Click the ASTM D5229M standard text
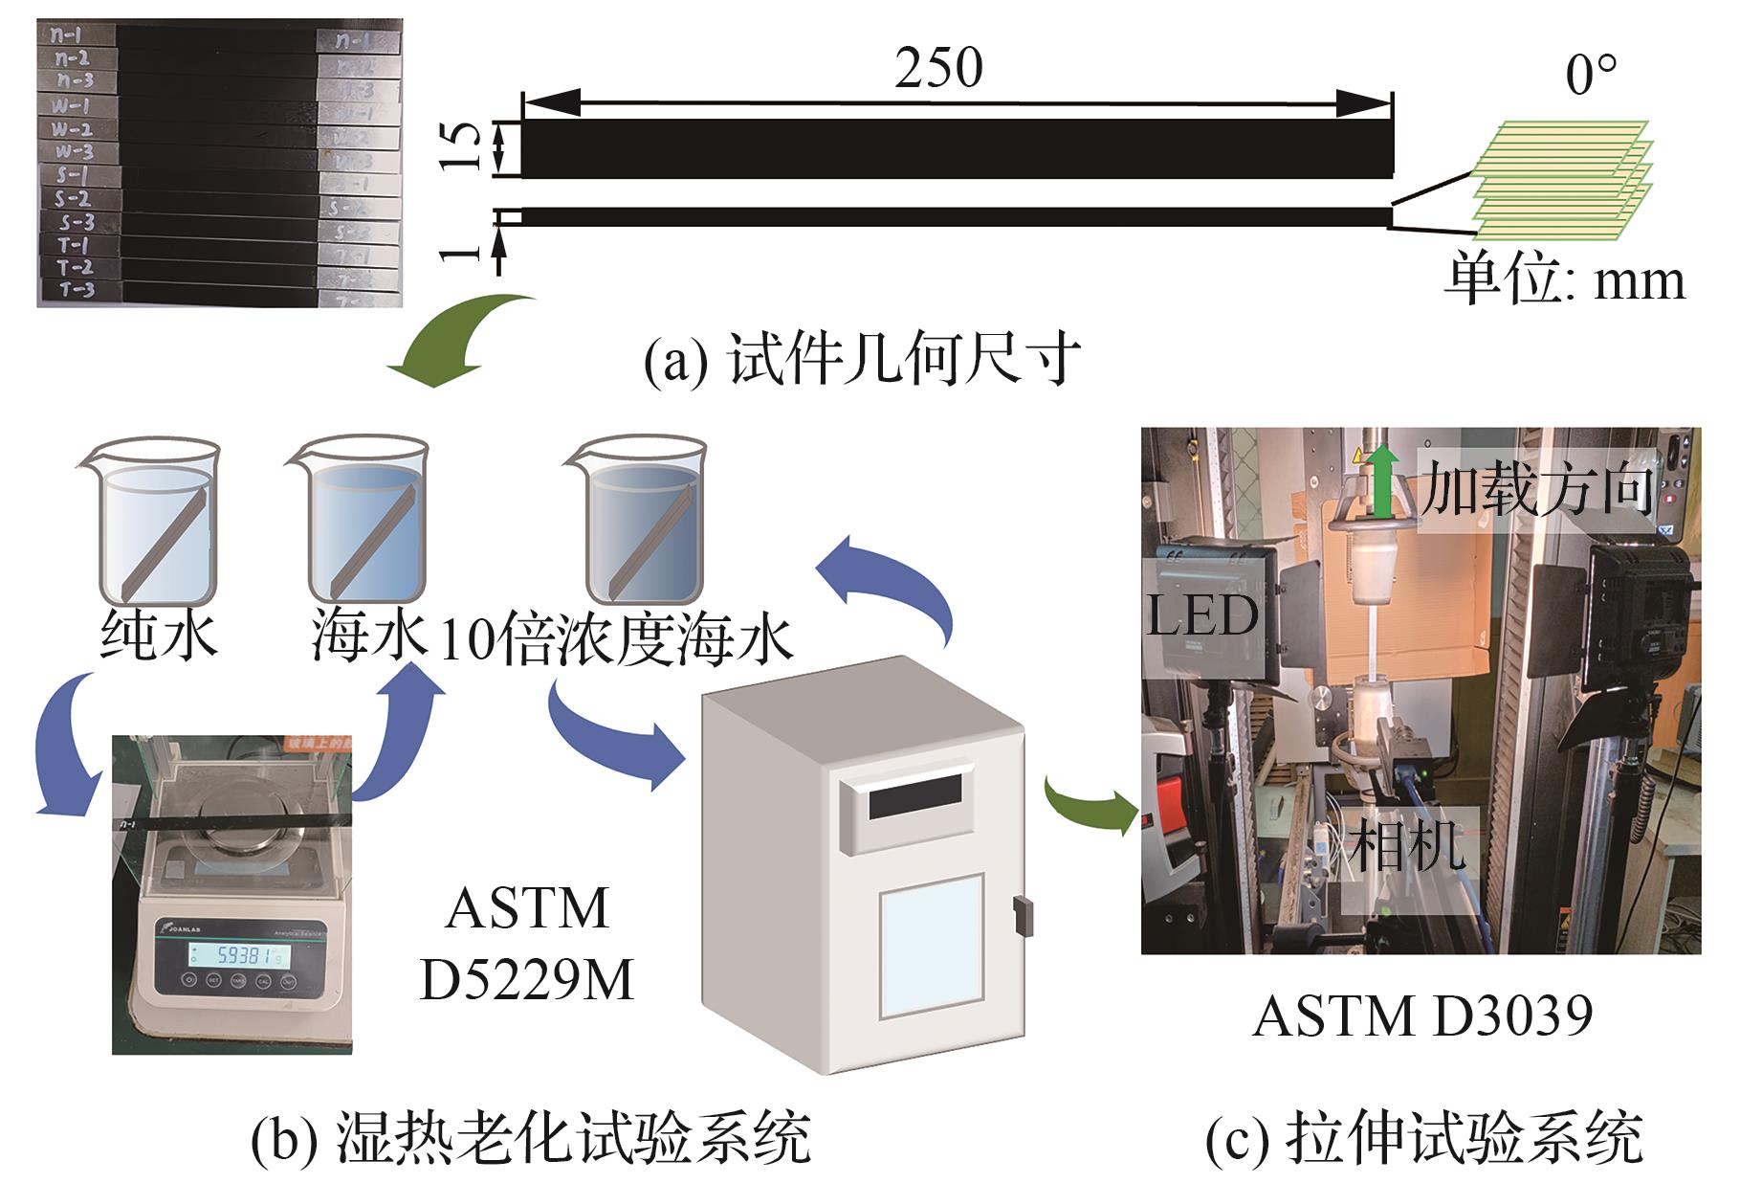(527, 944)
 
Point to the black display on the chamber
(915, 796)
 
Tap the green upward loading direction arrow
(1379, 483)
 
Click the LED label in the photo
(1202, 615)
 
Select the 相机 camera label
(1406, 845)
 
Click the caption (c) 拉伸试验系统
(1423, 1137)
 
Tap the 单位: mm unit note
(1563, 279)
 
